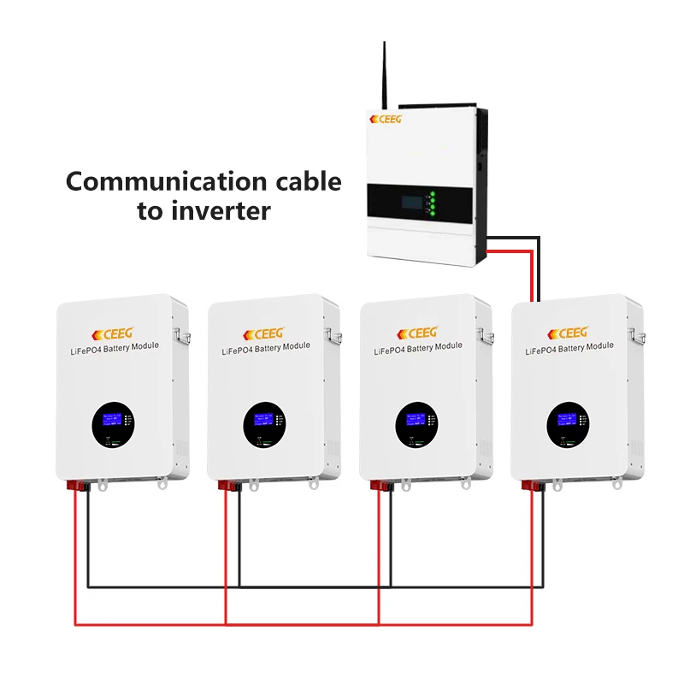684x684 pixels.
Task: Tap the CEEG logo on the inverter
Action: click(x=386, y=119)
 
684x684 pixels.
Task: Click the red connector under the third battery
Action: click(x=376, y=486)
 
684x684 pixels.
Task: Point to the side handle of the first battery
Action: click(x=181, y=332)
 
